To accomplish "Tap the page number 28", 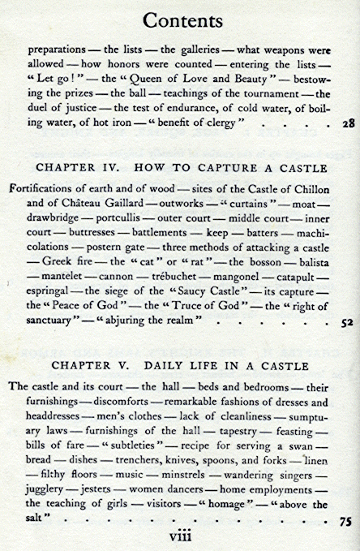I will click(x=345, y=124).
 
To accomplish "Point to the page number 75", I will click(x=345, y=523).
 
